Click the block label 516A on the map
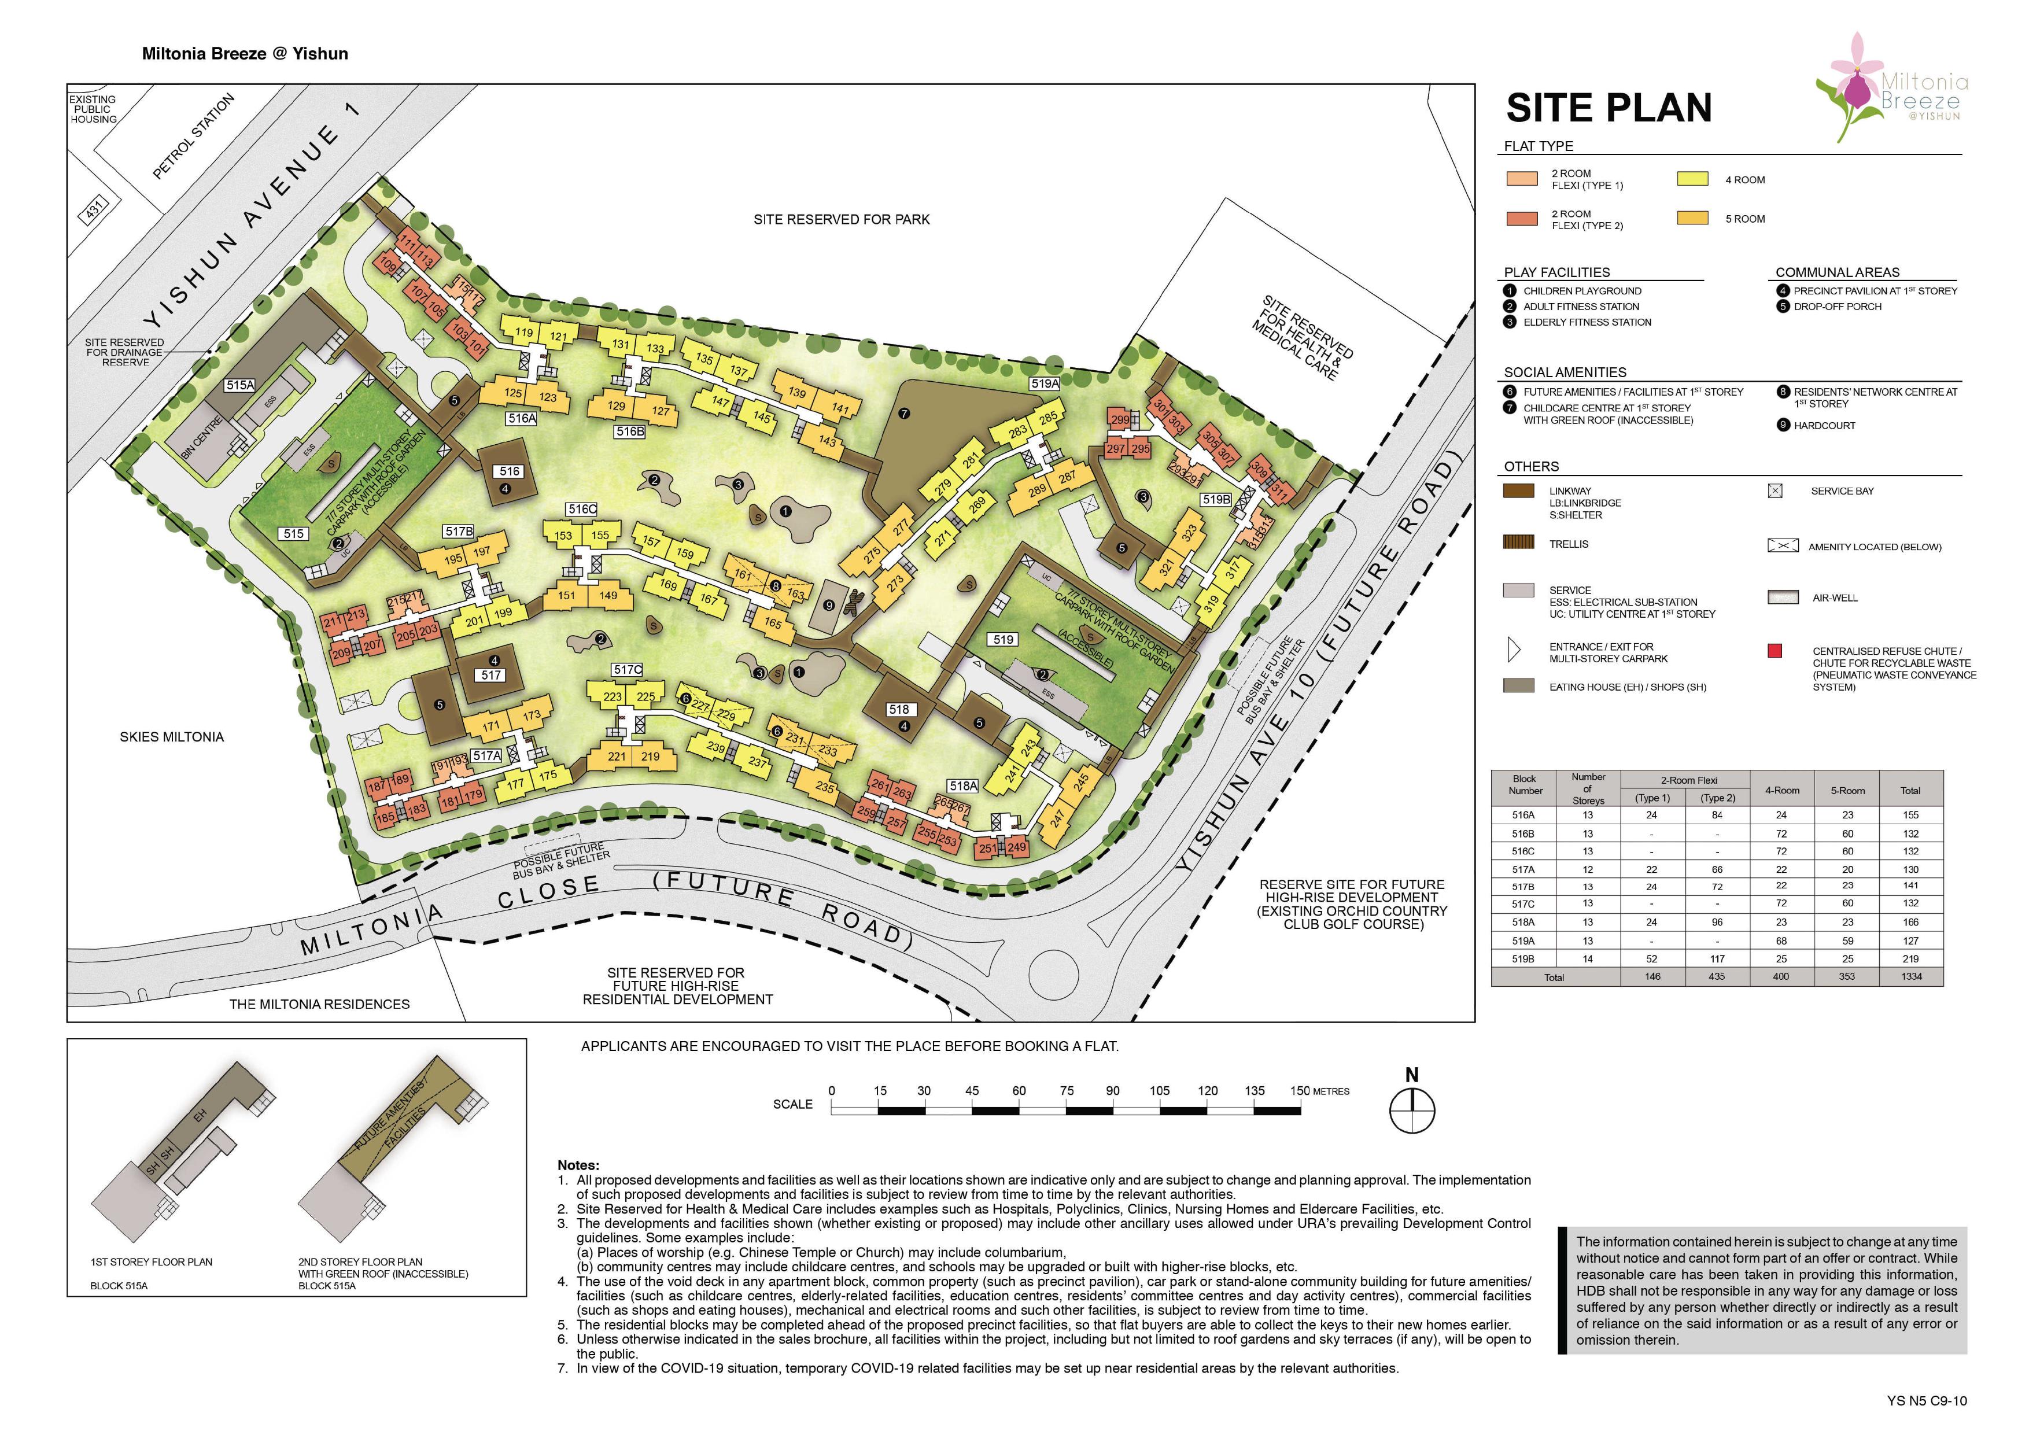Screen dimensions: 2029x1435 [x=521, y=418]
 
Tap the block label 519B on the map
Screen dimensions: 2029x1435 [x=1216, y=499]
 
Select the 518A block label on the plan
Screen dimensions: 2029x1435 [x=963, y=785]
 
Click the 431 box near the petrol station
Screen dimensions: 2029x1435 [x=94, y=209]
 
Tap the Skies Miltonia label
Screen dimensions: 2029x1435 [x=171, y=737]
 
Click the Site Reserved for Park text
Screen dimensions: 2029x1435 [x=842, y=219]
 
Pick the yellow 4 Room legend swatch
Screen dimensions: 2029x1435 [x=1692, y=179]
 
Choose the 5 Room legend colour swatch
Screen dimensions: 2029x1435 [x=1692, y=218]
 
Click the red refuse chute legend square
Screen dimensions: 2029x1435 [x=1775, y=651]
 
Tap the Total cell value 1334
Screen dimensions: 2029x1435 [x=1910, y=976]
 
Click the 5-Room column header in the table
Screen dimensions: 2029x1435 [x=1847, y=791]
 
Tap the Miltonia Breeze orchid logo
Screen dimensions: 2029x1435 [x=1891, y=88]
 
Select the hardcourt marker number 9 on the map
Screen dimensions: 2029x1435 [x=828, y=605]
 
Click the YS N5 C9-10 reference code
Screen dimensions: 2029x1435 [x=1927, y=1400]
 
